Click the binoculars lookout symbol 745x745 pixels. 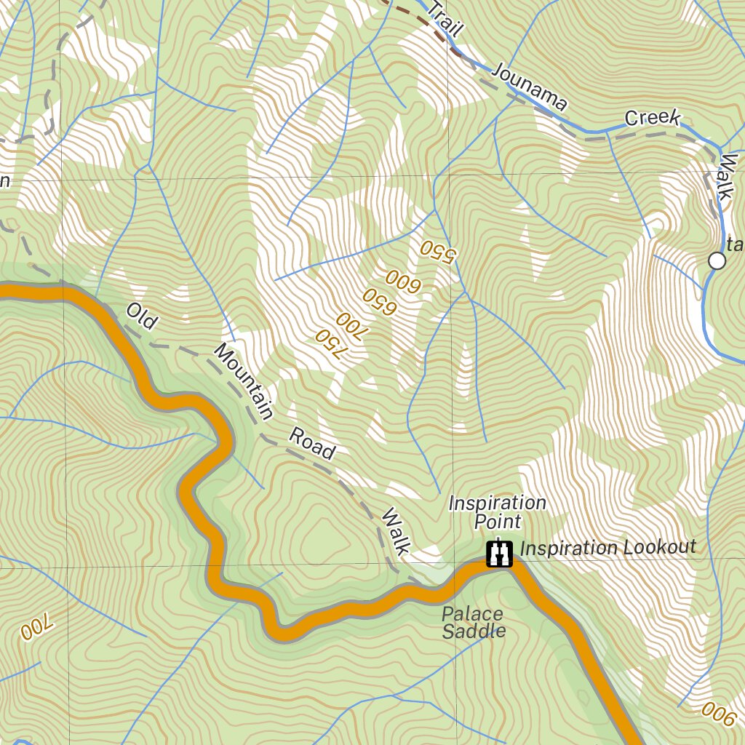point(499,554)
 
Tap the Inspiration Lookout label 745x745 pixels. point(609,548)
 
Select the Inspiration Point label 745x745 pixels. point(498,512)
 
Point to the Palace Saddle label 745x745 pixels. point(473,623)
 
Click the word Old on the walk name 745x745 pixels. point(141,316)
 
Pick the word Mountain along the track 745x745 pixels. point(244,382)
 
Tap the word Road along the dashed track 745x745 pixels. point(313,444)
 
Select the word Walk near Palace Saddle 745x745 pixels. point(397,531)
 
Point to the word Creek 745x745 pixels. point(653,118)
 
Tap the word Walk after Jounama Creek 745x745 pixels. point(728,176)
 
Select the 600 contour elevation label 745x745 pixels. point(402,279)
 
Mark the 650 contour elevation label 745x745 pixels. point(379,302)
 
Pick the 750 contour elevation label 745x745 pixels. point(328,343)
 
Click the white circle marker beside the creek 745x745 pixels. point(717,260)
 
